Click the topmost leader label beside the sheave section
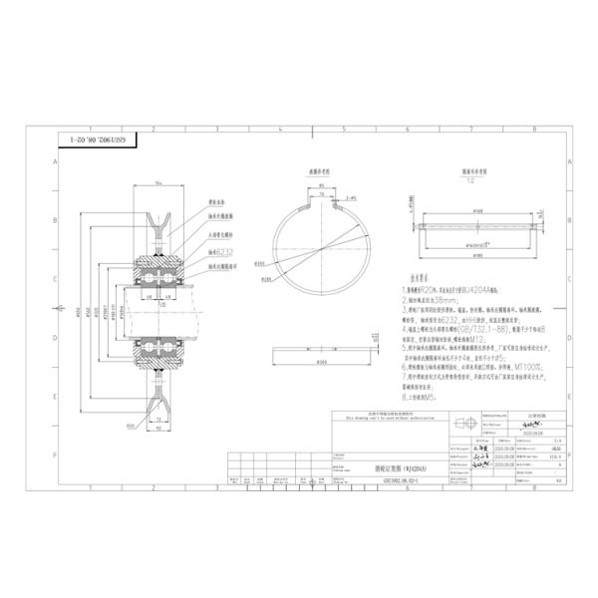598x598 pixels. click(218, 201)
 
